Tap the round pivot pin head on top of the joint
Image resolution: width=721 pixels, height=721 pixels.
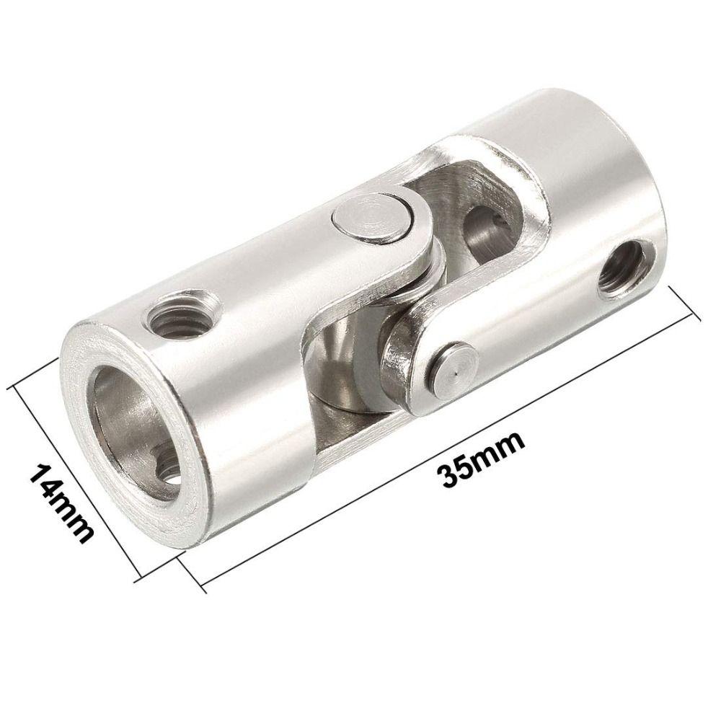coord(368,221)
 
